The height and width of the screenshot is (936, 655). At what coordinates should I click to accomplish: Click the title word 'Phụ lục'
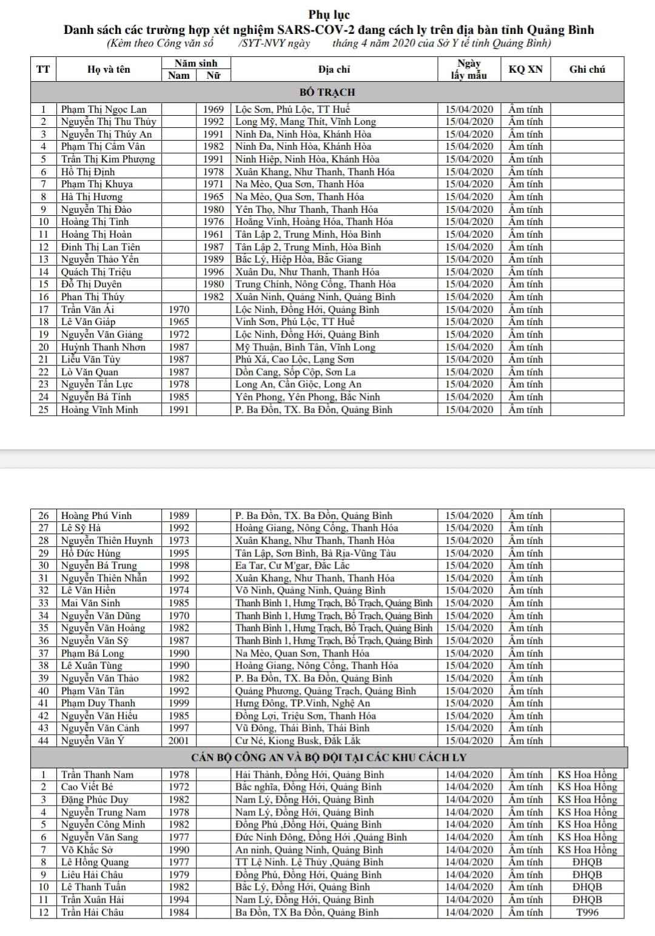coord(329,15)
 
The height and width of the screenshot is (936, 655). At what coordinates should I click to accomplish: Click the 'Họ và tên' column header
coord(109,69)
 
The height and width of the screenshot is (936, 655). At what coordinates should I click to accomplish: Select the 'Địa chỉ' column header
coord(334,69)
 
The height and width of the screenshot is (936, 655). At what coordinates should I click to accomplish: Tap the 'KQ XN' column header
coord(525,69)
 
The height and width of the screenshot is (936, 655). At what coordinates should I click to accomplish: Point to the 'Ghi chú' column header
coord(587,69)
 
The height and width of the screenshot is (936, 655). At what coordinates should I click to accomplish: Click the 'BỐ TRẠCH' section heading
coord(327,92)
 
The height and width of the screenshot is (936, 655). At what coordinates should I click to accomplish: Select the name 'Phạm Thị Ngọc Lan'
coord(104,109)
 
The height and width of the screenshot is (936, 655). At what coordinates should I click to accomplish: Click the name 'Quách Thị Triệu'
coord(96,272)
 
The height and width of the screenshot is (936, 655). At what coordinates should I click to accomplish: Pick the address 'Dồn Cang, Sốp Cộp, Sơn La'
coord(295,372)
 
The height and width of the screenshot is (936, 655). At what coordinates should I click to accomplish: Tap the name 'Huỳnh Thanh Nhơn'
coord(103,347)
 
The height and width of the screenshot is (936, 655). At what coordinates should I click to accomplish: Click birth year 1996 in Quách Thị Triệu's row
coord(213,272)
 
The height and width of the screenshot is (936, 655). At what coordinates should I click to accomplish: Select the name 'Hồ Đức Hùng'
coord(91,553)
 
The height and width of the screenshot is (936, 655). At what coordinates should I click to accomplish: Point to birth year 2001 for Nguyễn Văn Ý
coord(178,740)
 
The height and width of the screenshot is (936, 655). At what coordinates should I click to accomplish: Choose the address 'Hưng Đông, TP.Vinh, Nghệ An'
coord(302,703)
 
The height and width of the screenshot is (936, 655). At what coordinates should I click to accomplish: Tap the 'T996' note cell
coord(587,912)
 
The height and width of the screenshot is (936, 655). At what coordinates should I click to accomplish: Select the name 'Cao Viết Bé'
coord(87,786)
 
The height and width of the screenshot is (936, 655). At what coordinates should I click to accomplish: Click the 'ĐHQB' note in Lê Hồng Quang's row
coord(587,861)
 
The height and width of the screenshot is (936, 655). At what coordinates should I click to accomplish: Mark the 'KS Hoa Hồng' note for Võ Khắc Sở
coord(587,849)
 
